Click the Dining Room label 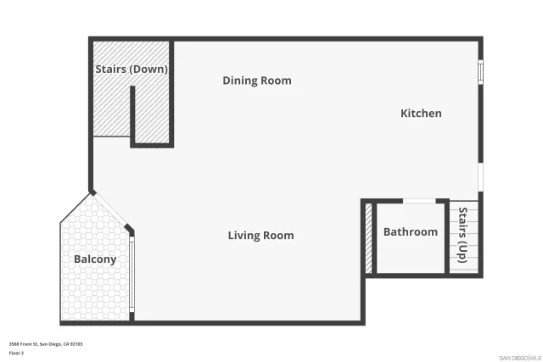click(x=257, y=81)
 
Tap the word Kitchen click(x=421, y=113)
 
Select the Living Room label click(x=260, y=235)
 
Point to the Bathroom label click(x=411, y=231)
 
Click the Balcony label click(x=95, y=259)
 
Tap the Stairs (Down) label click(x=130, y=69)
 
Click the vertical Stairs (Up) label click(x=463, y=234)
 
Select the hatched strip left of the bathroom click(x=368, y=238)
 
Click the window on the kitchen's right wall click(x=480, y=73)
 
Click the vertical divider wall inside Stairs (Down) click(x=132, y=114)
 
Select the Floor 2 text click(x=17, y=352)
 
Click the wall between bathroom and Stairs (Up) click(x=448, y=237)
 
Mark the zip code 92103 click(x=76, y=343)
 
